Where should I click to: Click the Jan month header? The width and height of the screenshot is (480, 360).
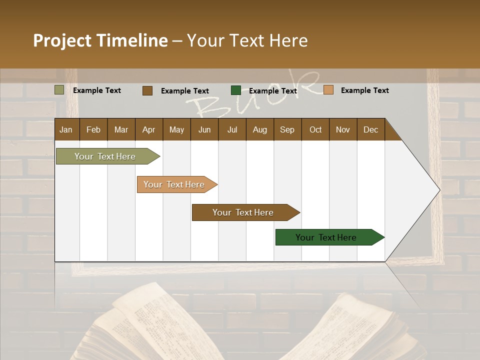coord(66,129)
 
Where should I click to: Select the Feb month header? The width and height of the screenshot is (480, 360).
coord(93,129)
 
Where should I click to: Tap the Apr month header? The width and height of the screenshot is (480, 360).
coord(148,129)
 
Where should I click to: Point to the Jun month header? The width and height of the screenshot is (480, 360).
coord(204,129)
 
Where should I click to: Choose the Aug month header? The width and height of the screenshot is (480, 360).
coord(259,129)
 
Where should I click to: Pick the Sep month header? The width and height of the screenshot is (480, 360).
coord(287,129)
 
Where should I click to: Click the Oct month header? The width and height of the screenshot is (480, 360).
coord(315,129)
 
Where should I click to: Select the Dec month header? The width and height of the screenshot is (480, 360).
coord(370,129)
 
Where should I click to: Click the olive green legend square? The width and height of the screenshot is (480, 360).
coord(59,90)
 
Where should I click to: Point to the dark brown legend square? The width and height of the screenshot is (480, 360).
coord(147,90)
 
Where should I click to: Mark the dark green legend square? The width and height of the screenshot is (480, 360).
coord(236,90)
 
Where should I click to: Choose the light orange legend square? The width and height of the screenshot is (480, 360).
coord(328,90)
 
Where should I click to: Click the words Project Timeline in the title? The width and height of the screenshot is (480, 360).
coord(100,40)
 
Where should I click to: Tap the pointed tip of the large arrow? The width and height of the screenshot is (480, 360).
coord(438,190)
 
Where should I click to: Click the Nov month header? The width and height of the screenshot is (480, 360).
coord(342,129)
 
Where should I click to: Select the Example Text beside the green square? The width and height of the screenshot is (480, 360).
coord(272,91)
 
